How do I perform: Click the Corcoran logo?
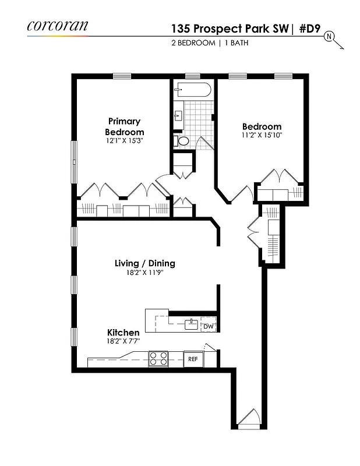[57, 26]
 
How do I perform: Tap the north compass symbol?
[329, 37]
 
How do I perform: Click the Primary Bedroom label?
[124, 126]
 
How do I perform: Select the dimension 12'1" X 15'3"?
[124, 141]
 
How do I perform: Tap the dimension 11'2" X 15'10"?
[262, 136]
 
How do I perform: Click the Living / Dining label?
[144, 263]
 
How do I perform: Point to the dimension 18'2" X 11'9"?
[144, 273]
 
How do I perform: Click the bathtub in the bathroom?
[192, 90]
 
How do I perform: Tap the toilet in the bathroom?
[182, 140]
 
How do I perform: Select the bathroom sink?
[178, 116]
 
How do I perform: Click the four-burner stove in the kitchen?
[158, 358]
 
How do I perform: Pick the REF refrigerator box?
[193, 359]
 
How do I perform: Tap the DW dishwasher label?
[209, 327]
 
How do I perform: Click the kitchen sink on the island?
[191, 324]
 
